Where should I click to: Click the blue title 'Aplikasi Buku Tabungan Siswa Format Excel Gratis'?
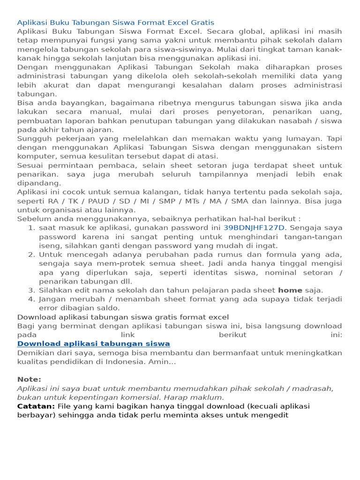click(x=115, y=22)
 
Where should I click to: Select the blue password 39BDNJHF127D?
click(x=254, y=228)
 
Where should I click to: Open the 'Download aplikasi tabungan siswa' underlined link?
click(x=93, y=344)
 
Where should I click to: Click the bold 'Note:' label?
click(x=29, y=379)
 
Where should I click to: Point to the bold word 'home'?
click(x=290, y=290)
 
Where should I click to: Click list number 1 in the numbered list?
click(x=31, y=228)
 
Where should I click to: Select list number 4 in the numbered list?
click(x=31, y=299)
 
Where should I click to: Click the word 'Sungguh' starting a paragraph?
click(x=34, y=139)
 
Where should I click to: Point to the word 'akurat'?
click(x=56, y=85)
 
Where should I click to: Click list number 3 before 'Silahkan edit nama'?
click(x=31, y=290)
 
